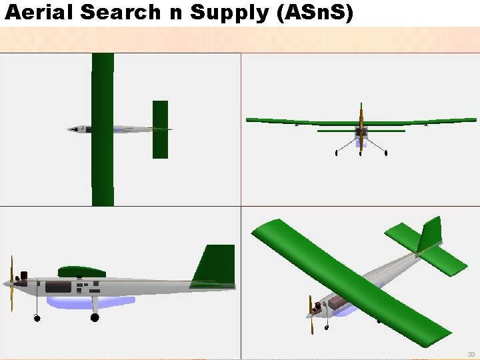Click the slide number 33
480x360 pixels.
click(x=471, y=354)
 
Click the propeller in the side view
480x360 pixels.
click(x=11, y=284)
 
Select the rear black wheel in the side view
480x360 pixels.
click(x=95, y=317)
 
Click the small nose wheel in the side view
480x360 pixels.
click(x=35, y=316)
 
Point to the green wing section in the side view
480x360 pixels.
click(x=81, y=271)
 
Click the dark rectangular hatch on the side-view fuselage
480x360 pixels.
click(x=58, y=287)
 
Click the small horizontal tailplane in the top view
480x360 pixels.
click(x=160, y=129)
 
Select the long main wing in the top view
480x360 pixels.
click(x=103, y=129)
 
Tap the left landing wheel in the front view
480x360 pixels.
click(x=336, y=153)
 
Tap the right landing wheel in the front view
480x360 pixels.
click(x=386, y=153)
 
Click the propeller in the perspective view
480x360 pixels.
click(x=310, y=315)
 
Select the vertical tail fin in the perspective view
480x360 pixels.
click(x=430, y=234)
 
